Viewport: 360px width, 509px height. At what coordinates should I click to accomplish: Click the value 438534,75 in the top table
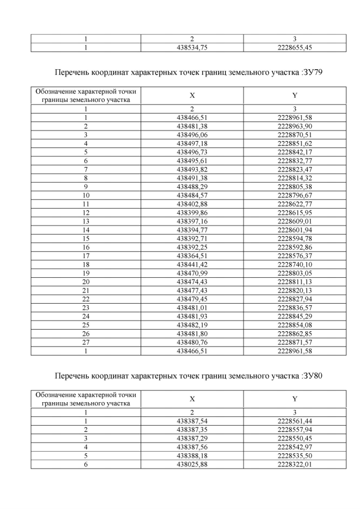point(192,47)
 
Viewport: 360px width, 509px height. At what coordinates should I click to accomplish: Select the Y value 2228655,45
point(295,47)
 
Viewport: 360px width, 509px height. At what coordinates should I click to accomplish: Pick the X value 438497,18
point(192,143)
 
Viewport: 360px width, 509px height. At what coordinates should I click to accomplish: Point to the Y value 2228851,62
point(295,143)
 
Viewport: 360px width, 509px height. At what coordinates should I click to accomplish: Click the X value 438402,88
point(192,202)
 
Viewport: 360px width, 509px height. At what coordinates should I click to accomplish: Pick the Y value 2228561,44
point(295,421)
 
